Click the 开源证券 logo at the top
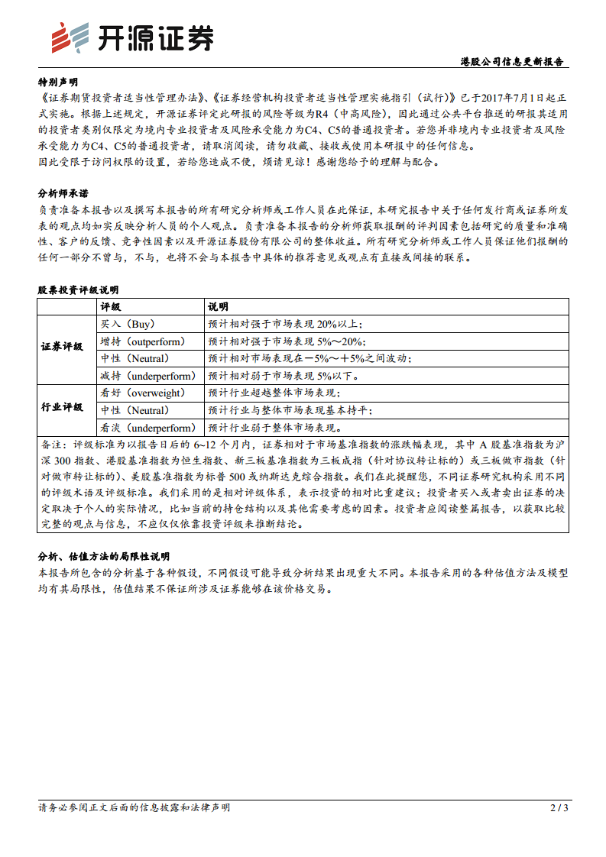(131, 37)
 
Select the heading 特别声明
(57, 82)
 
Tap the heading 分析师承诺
(63, 193)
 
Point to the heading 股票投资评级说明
(78, 290)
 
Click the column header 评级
(111, 306)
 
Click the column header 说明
(218, 306)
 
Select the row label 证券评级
(62, 346)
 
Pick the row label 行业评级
(62, 408)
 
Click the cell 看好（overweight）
(143, 393)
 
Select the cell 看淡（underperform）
(147, 428)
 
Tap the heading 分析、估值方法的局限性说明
(104, 556)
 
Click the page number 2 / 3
(559, 807)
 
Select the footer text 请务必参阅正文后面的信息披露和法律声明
(134, 807)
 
